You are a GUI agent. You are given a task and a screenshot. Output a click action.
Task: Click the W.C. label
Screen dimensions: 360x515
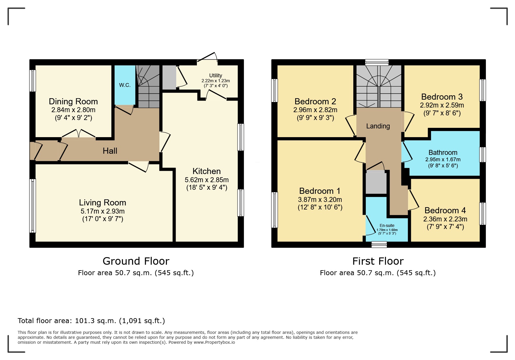[x=125, y=85]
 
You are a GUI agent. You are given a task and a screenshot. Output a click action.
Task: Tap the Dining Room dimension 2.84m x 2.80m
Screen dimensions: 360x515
[x=73, y=110]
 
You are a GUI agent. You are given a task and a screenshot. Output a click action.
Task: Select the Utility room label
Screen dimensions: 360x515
[x=215, y=76]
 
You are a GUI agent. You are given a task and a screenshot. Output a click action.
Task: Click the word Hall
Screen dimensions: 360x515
[x=110, y=151]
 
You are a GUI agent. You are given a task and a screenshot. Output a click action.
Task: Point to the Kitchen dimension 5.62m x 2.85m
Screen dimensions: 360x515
[x=206, y=180]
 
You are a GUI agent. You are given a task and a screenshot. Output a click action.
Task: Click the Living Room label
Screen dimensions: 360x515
[x=102, y=203]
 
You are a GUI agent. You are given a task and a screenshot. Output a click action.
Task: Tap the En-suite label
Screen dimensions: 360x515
[x=387, y=225]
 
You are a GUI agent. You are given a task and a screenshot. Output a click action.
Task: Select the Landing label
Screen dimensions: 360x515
[x=378, y=126]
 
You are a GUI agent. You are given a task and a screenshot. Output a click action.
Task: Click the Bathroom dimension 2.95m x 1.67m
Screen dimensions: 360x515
[x=443, y=160]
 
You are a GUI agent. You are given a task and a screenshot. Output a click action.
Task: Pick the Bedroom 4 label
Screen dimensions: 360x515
[x=445, y=210]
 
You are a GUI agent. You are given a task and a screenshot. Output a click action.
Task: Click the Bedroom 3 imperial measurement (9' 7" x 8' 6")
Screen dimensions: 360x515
[x=442, y=113]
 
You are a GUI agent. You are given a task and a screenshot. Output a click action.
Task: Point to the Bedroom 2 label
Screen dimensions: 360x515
[x=315, y=101]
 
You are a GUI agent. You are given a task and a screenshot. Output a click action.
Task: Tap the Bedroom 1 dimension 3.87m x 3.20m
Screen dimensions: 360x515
[x=320, y=200]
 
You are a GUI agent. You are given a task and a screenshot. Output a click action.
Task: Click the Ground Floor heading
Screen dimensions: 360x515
[x=136, y=261]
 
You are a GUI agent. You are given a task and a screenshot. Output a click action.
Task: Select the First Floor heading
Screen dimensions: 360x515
[x=378, y=261]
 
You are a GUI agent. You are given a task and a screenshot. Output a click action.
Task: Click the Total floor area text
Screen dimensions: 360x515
[x=91, y=321]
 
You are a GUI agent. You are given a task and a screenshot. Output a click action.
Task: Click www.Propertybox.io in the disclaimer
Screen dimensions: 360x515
[x=214, y=342]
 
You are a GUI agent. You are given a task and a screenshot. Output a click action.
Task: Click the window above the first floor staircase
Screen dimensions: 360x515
[x=377, y=62]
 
